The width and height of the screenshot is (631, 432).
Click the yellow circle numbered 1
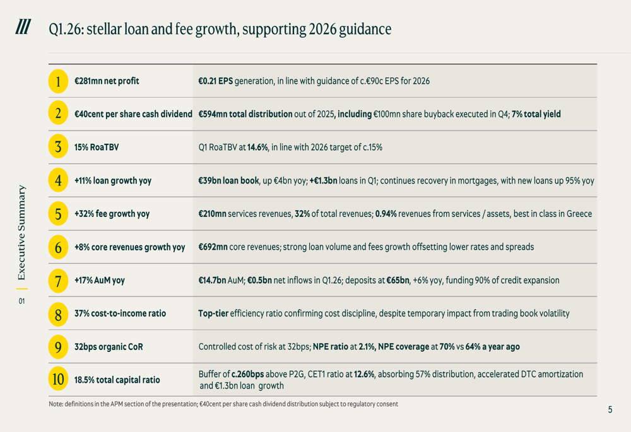(x=58, y=81)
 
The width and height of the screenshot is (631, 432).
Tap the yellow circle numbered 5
(x=58, y=214)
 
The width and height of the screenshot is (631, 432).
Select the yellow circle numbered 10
(x=58, y=380)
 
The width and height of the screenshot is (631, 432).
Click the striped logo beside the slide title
(x=23, y=27)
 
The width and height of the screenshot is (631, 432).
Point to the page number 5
(x=610, y=410)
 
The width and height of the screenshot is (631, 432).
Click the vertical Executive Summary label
(x=22, y=232)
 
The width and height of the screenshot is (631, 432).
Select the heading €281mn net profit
(x=107, y=81)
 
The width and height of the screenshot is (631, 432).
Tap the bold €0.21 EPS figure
(x=215, y=81)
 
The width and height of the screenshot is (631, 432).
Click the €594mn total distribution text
(x=245, y=114)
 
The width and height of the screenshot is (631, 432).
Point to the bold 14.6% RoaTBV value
(x=258, y=148)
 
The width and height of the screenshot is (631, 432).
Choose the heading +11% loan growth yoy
(x=113, y=180)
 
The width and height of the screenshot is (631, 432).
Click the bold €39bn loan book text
(x=228, y=180)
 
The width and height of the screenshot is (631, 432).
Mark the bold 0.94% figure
(x=385, y=214)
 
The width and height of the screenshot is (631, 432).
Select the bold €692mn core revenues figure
(x=213, y=247)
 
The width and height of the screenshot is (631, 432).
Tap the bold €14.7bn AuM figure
(x=212, y=280)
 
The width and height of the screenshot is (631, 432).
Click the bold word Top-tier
(x=213, y=313)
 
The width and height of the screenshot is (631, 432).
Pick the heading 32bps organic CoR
(x=109, y=346)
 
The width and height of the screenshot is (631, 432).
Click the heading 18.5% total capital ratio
(x=117, y=380)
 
